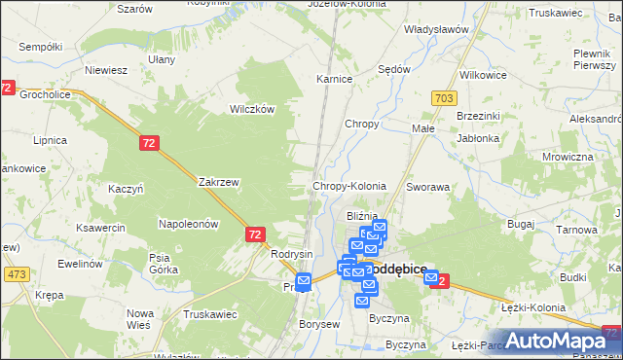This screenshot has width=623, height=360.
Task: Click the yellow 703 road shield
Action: pos(445,98)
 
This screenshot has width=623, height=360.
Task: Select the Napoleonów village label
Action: pos(188,223)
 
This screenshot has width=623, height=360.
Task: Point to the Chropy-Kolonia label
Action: pos(348,185)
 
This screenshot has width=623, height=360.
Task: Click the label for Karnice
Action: pos(334,79)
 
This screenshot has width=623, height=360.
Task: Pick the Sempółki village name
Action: pos(40,47)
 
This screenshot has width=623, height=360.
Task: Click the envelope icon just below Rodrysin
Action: pos(303,282)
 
